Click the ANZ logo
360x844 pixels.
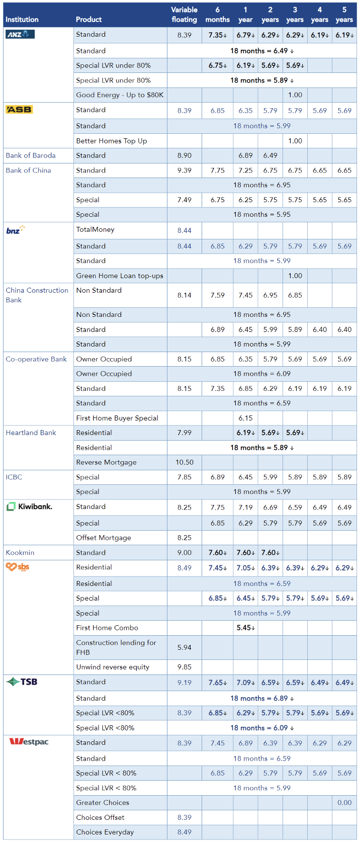(20, 34)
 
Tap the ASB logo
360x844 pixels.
(19, 110)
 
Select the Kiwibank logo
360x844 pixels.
(29, 507)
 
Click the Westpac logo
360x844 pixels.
(29, 742)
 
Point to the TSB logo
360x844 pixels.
(22, 682)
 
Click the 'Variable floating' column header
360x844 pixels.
(184, 15)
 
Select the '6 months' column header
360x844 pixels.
(217, 15)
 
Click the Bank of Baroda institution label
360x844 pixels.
(31, 155)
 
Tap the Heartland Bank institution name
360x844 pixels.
(31, 433)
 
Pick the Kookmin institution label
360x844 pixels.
(20, 552)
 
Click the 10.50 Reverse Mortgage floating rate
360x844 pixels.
(184, 462)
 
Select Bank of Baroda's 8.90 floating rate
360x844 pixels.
(184, 155)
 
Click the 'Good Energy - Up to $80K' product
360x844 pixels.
(120, 95)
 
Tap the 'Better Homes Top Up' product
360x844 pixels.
(112, 141)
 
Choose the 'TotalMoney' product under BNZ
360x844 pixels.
(95, 229)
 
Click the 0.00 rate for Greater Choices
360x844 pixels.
(344, 803)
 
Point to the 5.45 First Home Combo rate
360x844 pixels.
(245, 628)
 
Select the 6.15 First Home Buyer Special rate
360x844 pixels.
(245, 418)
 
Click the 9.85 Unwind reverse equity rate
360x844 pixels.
(184, 667)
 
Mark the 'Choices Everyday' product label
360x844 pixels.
(105, 832)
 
